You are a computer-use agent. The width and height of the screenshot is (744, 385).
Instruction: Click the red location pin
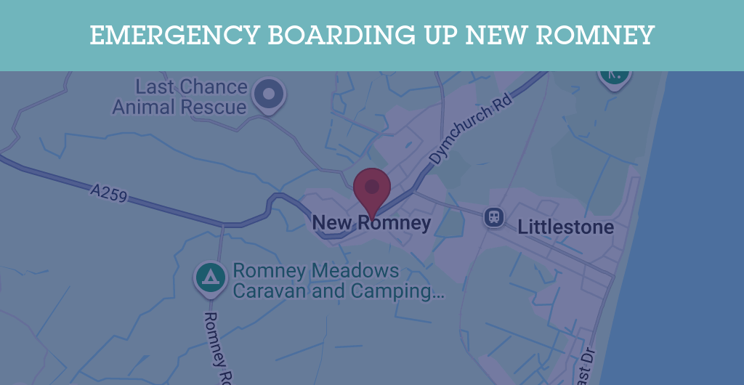click(372, 190)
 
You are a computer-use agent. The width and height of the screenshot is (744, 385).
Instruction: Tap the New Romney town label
click(371, 223)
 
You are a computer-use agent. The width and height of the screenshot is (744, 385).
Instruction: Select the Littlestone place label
click(565, 227)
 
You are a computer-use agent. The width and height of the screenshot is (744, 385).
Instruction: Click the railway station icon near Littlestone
click(495, 216)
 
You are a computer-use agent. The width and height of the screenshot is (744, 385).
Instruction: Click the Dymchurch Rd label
click(470, 129)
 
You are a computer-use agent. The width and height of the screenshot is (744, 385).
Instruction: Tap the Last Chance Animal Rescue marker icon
click(269, 94)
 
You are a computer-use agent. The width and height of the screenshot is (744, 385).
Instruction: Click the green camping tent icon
click(211, 277)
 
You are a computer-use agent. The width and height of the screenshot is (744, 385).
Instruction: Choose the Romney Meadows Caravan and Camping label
click(338, 281)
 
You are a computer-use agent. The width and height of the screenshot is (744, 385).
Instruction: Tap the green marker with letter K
click(614, 74)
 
